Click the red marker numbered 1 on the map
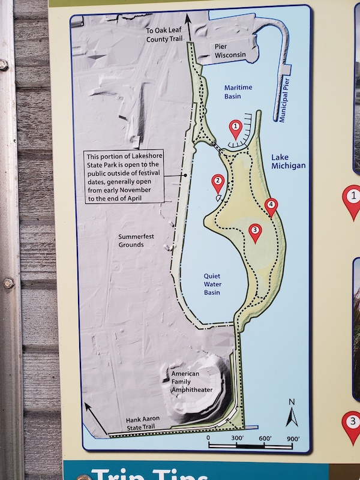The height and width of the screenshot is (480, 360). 236,127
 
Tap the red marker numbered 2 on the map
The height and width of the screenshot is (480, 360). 218,181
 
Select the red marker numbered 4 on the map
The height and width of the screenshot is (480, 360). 271,206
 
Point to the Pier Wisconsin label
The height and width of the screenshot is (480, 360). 230,50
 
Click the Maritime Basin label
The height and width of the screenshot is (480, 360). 238,92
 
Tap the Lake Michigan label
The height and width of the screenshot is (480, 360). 288,161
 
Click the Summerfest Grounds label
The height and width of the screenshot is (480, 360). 136,241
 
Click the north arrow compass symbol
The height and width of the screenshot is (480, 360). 292,414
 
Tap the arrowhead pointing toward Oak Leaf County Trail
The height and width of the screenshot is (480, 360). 190,20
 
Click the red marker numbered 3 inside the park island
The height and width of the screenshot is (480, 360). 255,232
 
